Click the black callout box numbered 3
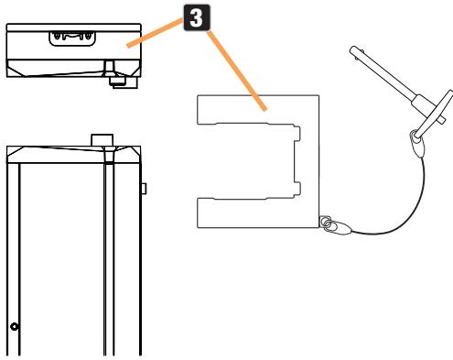click(197, 17)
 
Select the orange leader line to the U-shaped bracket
click(237, 71)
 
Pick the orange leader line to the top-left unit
click(155, 32)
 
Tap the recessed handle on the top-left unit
click(72, 38)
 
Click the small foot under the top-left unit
click(124, 82)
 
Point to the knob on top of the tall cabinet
click(102, 140)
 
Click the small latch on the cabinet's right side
click(144, 189)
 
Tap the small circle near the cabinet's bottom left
click(15, 326)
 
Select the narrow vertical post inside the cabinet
click(109, 259)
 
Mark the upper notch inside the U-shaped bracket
click(297, 133)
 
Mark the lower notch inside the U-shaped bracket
click(297, 190)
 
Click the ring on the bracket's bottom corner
click(325, 222)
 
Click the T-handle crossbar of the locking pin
click(434, 114)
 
